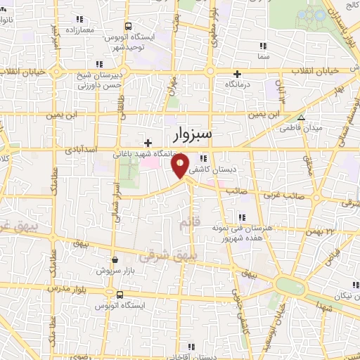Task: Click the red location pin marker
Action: coord(181,166)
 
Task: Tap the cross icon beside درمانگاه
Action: coord(238,74)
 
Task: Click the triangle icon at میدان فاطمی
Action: coord(301,118)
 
